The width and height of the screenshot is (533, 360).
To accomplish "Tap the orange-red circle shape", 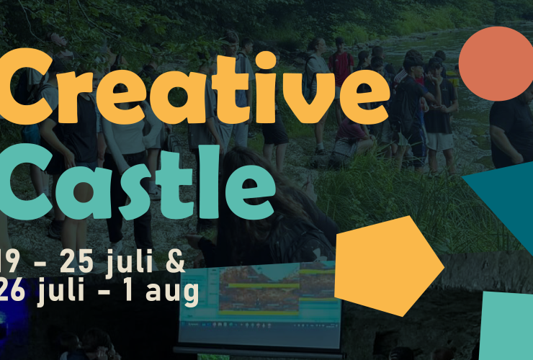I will tap(495, 63).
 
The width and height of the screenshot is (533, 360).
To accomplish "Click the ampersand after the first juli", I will tap(174, 261).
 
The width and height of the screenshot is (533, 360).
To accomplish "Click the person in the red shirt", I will tap(341, 67).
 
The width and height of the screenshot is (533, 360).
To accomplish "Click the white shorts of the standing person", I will tap(439, 140).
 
